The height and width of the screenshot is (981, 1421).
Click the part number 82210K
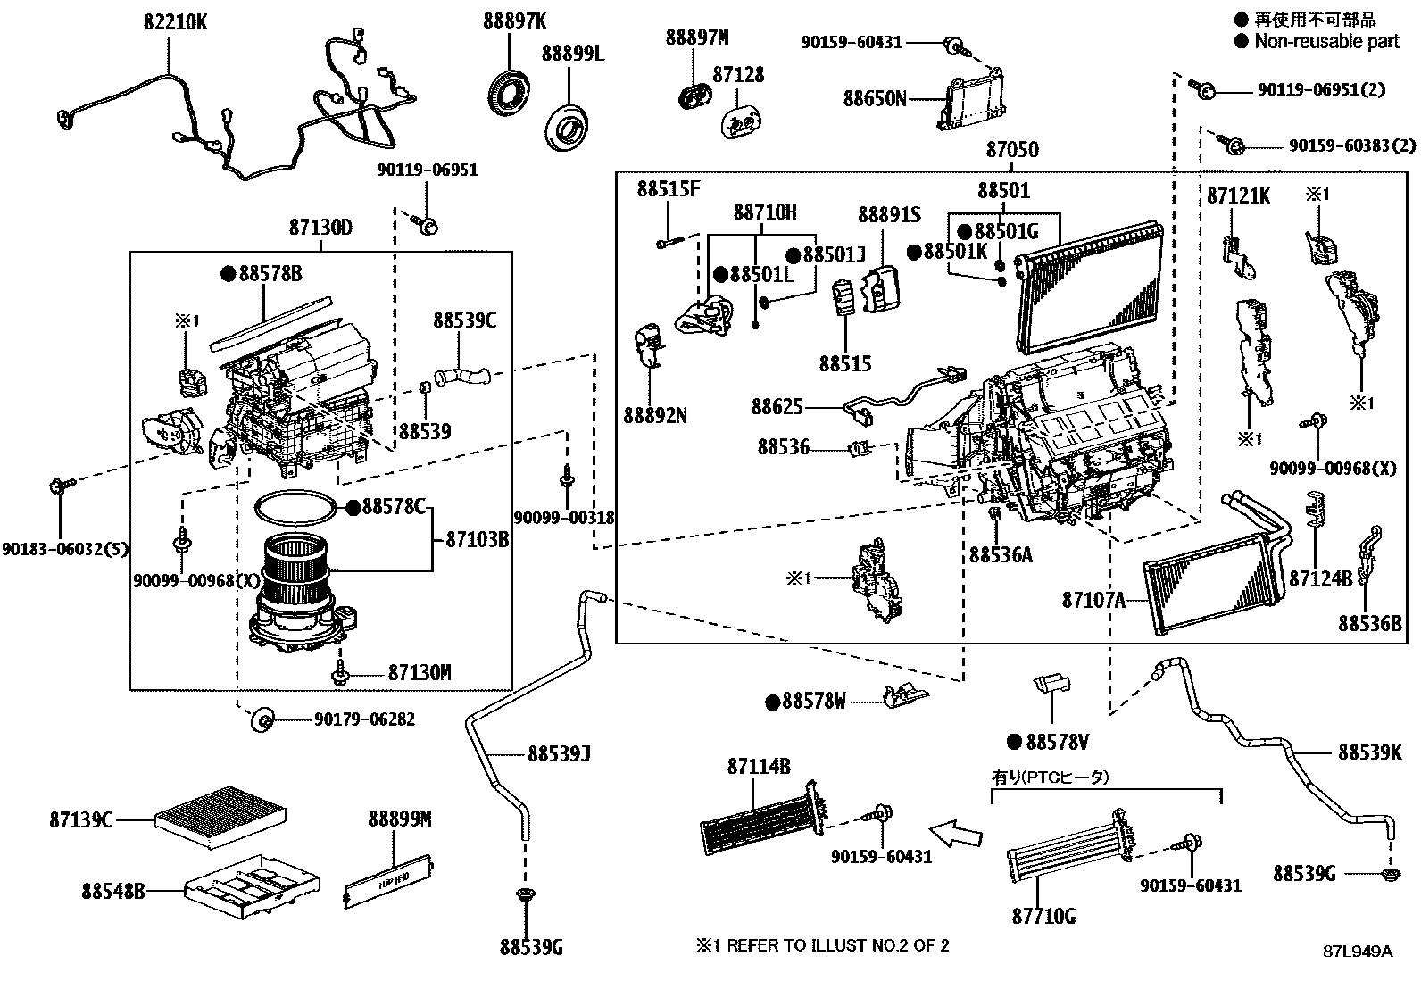(x=175, y=22)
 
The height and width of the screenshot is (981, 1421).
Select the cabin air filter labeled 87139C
(x=220, y=816)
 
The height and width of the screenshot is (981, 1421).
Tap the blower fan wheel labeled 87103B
(x=295, y=569)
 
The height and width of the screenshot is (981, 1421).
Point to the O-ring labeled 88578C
(x=295, y=508)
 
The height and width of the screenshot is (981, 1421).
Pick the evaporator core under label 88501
(x=1090, y=287)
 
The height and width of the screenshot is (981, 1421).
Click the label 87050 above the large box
(x=1012, y=150)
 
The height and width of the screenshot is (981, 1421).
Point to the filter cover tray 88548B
(x=253, y=885)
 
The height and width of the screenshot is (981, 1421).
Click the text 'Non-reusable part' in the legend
(x=1326, y=42)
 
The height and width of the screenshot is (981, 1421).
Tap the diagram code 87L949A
(x=1358, y=952)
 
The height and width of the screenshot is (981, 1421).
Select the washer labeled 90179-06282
(x=262, y=719)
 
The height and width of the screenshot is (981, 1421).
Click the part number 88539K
(x=1369, y=752)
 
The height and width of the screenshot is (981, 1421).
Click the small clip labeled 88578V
(x=1051, y=685)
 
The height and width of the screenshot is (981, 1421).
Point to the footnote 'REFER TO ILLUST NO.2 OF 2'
(x=838, y=946)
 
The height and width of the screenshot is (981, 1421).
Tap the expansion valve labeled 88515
(x=843, y=296)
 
